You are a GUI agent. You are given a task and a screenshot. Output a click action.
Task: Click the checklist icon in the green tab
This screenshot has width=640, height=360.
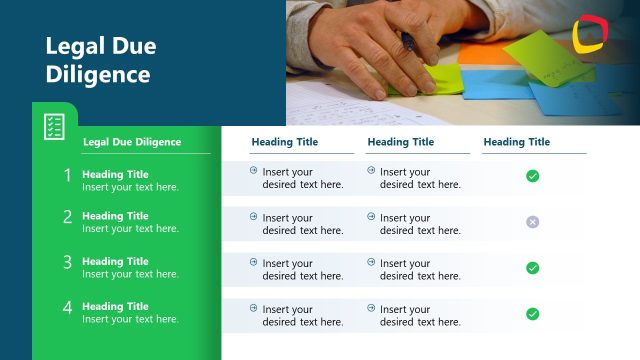(54, 127)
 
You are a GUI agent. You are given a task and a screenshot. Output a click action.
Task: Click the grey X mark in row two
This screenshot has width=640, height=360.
(532, 222)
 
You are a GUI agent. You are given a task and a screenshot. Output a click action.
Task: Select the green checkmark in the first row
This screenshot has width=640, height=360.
(532, 176)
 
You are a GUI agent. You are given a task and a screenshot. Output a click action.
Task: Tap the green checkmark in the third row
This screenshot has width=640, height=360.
(532, 268)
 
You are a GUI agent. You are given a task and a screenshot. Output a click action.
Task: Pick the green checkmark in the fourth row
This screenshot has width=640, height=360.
(532, 314)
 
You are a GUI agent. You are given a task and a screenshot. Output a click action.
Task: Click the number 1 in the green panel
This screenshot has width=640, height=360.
(68, 175)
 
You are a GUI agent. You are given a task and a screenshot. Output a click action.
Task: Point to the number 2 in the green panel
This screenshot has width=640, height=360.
(68, 216)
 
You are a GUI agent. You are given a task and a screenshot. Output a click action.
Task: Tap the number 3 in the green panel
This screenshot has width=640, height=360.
(68, 262)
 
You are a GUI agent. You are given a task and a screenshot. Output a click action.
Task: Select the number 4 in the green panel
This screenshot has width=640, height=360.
(68, 307)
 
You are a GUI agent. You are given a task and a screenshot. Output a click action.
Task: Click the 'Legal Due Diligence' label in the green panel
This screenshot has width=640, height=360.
(132, 142)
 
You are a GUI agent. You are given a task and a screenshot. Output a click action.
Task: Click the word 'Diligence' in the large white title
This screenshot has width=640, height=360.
(98, 74)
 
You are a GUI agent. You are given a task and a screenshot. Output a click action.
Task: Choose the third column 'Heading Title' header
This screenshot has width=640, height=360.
(516, 142)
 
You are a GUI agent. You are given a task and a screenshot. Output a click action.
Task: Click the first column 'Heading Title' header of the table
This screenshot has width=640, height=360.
(285, 142)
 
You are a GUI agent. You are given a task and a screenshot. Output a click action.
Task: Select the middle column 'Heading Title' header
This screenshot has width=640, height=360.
(401, 142)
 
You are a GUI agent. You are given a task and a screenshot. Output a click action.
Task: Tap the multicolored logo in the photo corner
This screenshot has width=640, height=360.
(591, 35)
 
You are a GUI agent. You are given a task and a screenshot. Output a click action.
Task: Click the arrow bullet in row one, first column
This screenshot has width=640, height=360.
(254, 171)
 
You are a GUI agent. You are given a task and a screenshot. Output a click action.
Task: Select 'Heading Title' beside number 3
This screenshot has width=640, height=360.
(115, 262)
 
